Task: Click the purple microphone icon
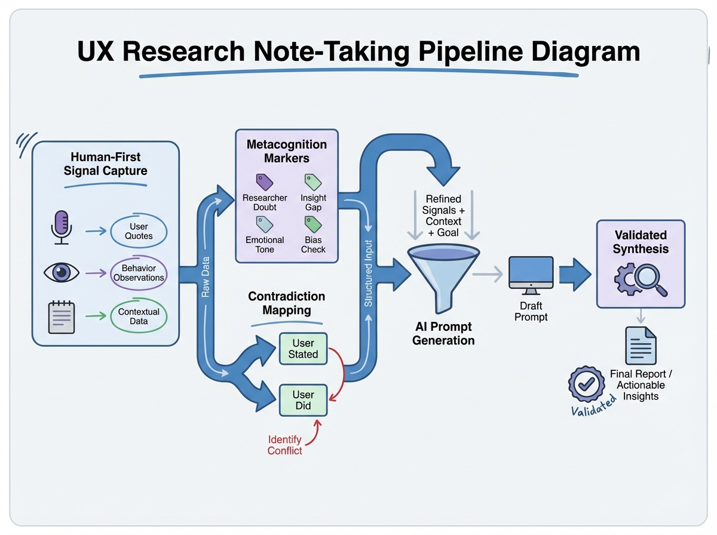click(x=62, y=226)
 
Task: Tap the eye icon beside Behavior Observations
click(x=62, y=272)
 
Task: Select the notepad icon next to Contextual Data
click(x=62, y=317)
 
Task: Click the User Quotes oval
click(x=139, y=231)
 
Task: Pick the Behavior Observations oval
click(x=139, y=273)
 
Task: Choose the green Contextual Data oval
click(x=139, y=316)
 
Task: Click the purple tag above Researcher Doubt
click(x=264, y=182)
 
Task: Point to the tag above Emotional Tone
click(x=264, y=224)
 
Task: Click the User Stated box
click(x=304, y=349)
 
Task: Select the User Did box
click(x=304, y=400)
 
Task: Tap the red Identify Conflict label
click(x=285, y=445)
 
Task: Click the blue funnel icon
click(x=443, y=276)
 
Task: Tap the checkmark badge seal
click(x=585, y=383)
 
